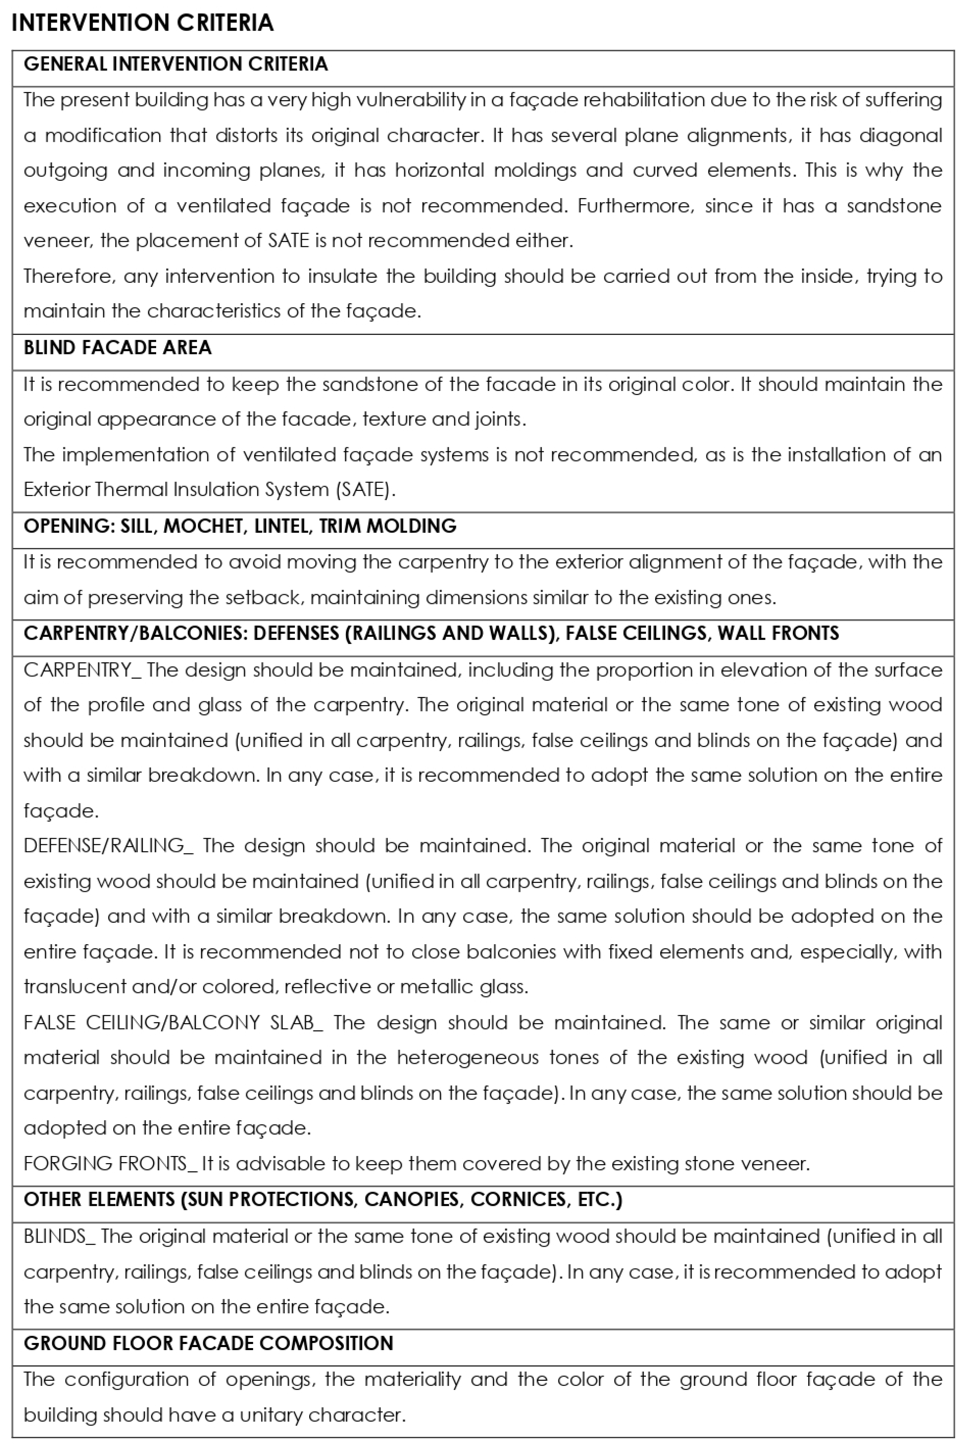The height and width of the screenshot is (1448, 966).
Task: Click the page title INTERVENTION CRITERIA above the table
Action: pos(142,23)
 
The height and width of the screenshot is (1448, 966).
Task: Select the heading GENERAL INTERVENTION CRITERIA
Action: pos(176,64)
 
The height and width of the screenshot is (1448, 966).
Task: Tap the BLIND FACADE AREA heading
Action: pos(117,348)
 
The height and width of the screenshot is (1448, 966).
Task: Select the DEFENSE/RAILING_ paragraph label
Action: pos(108,846)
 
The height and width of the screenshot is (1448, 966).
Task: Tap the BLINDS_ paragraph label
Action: pos(59,1237)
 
